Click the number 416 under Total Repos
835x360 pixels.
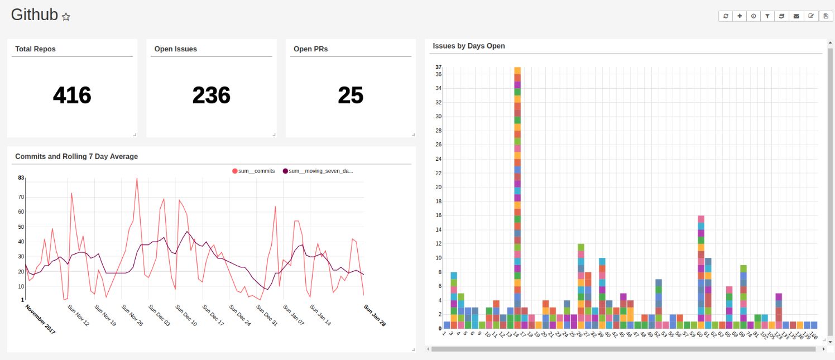tap(72, 95)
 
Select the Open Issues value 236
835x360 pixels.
tap(211, 95)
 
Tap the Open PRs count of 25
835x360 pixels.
tap(351, 95)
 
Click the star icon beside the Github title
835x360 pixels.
tap(66, 17)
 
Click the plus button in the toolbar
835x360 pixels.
tap(740, 16)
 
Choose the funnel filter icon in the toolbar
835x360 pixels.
tap(767, 16)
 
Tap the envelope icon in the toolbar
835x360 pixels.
tap(796, 16)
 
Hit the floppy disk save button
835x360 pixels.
tap(826, 16)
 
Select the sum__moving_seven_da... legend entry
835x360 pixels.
tap(318, 171)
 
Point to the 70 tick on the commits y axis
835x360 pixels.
tap(21, 197)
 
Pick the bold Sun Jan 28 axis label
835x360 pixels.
tap(375, 315)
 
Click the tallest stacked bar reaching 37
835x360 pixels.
tap(517, 195)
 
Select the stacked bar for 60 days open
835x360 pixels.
tap(701, 273)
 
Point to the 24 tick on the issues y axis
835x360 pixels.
tap(438, 159)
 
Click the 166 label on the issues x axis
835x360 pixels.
tap(814, 335)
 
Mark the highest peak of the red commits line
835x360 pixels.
tap(137, 179)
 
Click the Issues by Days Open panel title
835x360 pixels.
tap(469, 46)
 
